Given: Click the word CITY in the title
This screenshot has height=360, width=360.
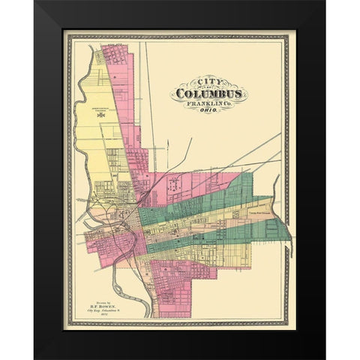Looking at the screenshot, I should point(196,83).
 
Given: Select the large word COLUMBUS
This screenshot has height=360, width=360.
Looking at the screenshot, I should point(208,95).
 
